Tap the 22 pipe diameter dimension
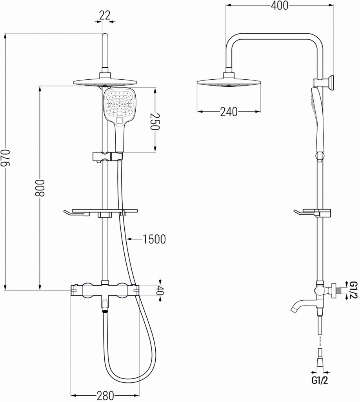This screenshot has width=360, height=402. click(x=104, y=15)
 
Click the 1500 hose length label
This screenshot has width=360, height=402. click(x=155, y=239)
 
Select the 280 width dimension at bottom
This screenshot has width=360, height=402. click(x=105, y=395)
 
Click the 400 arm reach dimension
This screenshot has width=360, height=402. click(x=279, y=5)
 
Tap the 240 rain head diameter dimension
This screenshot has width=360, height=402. click(x=228, y=112)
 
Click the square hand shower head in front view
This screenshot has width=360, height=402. click(x=119, y=104)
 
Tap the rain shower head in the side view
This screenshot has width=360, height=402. click(x=228, y=83)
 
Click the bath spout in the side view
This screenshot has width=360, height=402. click(x=302, y=305)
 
